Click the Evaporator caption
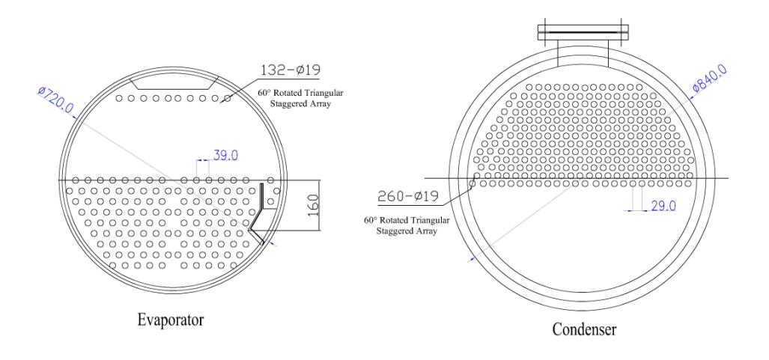(170, 321)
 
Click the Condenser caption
(584, 329)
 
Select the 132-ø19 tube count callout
(291, 70)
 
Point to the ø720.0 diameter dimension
(55, 99)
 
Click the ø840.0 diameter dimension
(708, 79)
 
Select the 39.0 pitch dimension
(225, 156)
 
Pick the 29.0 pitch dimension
(663, 206)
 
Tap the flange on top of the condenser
(583, 32)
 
